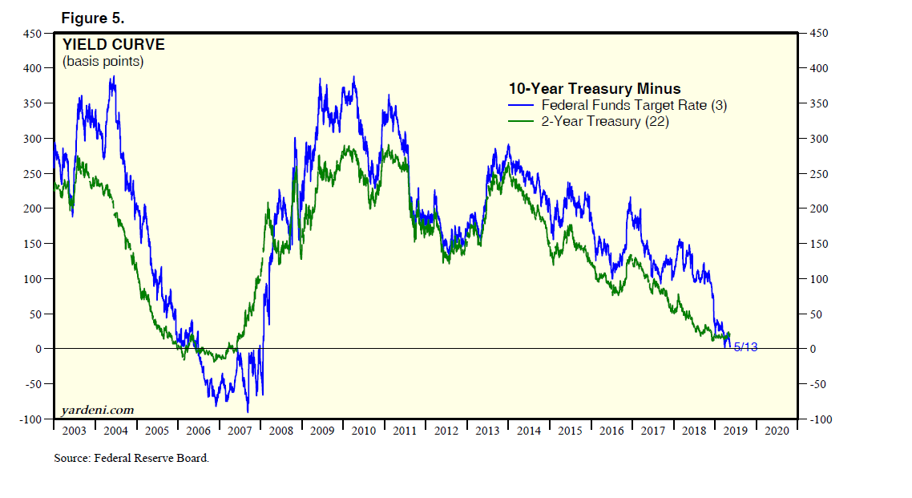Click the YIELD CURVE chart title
[114, 45]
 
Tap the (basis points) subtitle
[103, 62]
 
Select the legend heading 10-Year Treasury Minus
[595, 89]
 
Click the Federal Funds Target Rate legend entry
[634, 105]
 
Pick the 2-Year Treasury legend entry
[605, 121]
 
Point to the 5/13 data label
[745, 346]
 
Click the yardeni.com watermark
[98, 411]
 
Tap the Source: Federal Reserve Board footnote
[131, 458]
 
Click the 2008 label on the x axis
[280, 431]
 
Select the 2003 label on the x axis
[74, 431]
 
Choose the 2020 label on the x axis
[777, 431]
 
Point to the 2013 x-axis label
[486, 431]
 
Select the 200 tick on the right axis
[818, 209]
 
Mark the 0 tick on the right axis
[812, 349]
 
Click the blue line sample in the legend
[522, 105]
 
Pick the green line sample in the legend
[522, 121]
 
